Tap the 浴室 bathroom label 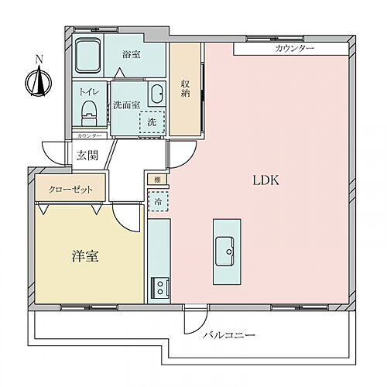pyautogui.click(x=132, y=55)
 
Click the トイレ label pyautogui.click(x=89, y=91)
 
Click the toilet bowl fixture pyautogui.click(x=88, y=111)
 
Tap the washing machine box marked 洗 pyautogui.click(x=151, y=123)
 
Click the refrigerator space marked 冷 pyautogui.click(x=158, y=202)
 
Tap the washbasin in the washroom pyautogui.click(x=156, y=92)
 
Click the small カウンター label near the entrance pyautogui.click(x=90, y=135)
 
